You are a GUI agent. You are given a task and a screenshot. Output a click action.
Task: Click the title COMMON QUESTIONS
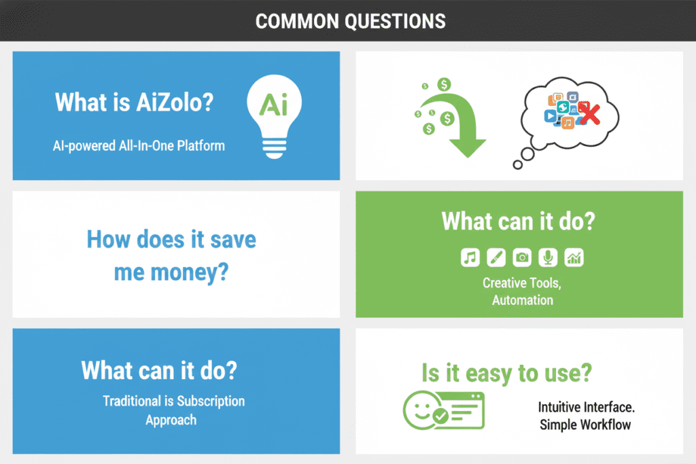[x=350, y=20]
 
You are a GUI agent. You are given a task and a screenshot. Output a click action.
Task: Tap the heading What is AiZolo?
[x=134, y=103]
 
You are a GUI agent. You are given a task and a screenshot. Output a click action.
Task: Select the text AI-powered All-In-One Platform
[x=139, y=145]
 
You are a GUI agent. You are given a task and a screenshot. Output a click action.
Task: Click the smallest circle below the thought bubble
[x=518, y=164]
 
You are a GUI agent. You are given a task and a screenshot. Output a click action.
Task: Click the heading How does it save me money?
[x=171, y=256]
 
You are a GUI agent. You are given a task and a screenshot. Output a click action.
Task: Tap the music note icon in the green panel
[x=470, y=257]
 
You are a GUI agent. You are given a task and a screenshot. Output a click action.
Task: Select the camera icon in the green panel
[x=522, y=257]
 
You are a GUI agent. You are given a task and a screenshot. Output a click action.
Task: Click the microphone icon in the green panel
[x=548, y=257]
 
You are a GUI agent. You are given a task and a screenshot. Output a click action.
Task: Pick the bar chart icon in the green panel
[x=574, y=257]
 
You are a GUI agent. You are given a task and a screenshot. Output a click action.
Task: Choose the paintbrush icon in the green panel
[x=496, y=257]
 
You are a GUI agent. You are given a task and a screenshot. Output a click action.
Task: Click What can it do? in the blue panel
[x=159, y=370]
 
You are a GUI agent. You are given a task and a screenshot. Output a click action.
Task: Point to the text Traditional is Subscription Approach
[x=173, y=410]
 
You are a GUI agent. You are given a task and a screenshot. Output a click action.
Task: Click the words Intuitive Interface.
[x=586, y=408]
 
